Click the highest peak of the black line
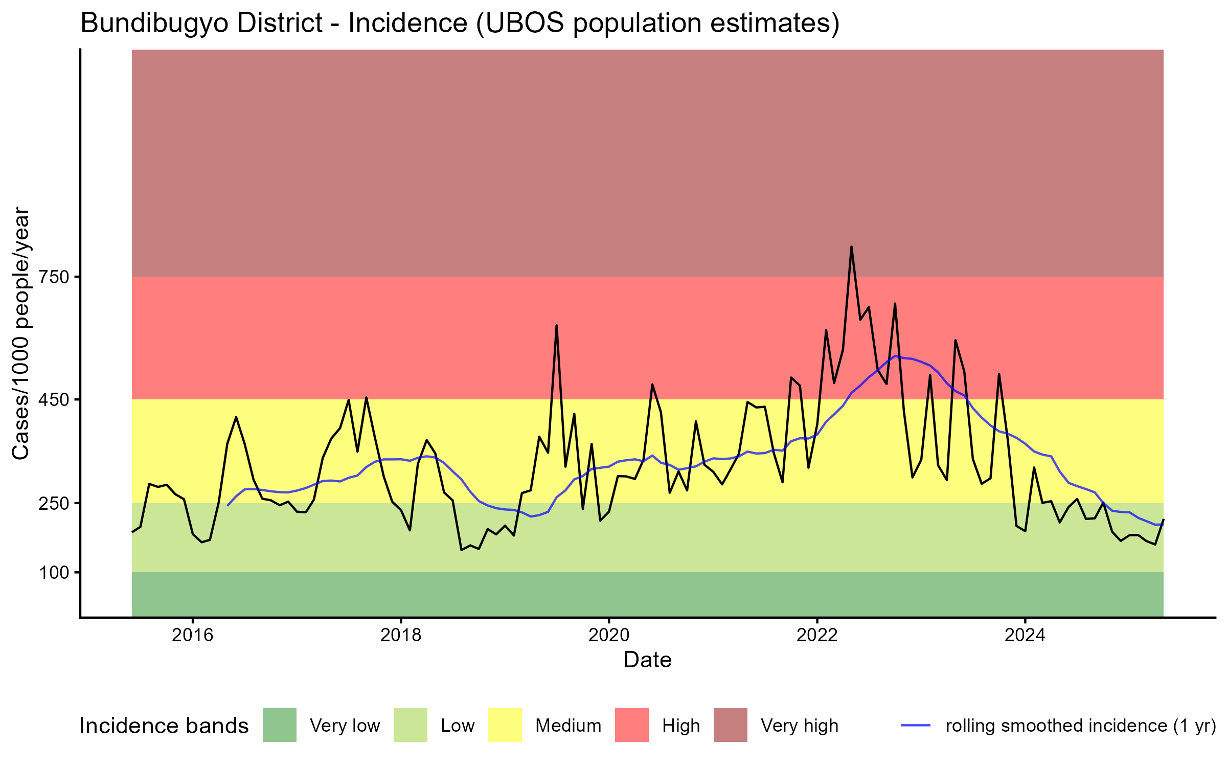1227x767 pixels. click(851, 247)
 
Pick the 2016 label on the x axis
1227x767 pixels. click(192, 635)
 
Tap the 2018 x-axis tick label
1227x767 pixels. click(401, 635)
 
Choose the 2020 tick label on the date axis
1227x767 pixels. click(609, 635)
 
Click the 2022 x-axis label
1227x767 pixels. click(817, 635)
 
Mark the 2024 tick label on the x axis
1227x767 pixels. click(1025, 635)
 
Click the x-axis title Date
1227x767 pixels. click(647, 660)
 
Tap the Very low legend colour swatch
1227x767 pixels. click(280, 725)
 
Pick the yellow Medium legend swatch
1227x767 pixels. click(505, 725)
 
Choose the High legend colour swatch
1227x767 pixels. click(632, 725)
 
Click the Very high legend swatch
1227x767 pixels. click(731, 725)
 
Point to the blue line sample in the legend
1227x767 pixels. click(916, 725)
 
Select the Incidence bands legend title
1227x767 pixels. click(164, 726)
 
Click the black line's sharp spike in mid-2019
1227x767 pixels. click(556, 326)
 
